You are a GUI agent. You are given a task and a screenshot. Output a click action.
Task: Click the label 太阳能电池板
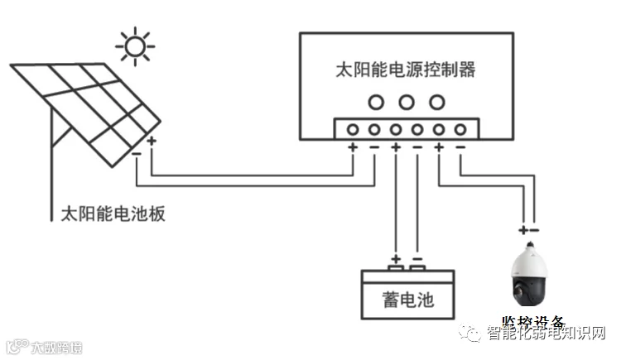114,213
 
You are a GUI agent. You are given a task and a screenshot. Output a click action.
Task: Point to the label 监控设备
533,323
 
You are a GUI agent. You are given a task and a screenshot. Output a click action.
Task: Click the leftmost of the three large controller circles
377,102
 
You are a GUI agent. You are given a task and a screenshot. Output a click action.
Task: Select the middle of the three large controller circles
406,102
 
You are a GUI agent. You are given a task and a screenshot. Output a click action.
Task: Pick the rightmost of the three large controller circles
436,102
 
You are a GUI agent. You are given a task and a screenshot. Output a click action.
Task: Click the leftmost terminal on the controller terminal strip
353,129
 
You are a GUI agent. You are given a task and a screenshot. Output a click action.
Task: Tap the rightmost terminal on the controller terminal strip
460,129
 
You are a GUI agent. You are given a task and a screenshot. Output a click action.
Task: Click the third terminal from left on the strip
396,129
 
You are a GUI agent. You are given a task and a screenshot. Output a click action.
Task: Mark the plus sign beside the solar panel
152,142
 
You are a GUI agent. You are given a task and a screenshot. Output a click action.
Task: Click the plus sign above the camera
522,229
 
